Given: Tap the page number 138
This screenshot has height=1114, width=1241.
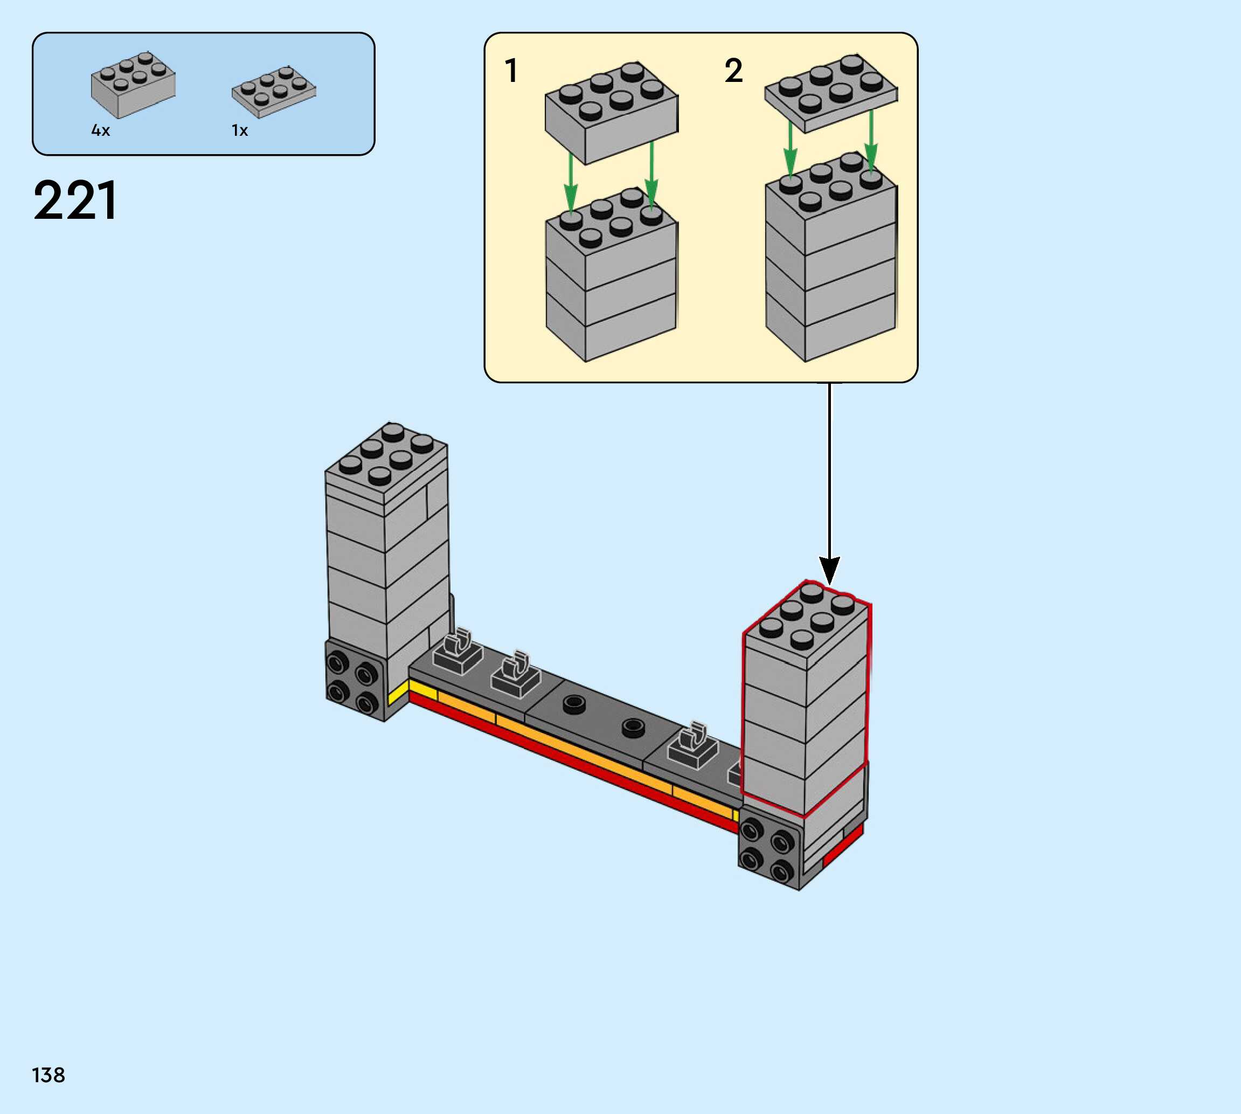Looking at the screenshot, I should [48, 1075].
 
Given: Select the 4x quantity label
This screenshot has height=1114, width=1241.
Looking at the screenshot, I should [100, 130].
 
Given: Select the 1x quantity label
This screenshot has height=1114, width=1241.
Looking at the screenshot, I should [239, 130].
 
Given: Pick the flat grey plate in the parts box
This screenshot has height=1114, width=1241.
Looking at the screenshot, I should [274, 91].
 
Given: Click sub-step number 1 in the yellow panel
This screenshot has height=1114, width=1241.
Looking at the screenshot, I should [511, 71].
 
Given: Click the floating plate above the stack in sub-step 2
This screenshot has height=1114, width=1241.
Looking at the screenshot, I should [831, 94].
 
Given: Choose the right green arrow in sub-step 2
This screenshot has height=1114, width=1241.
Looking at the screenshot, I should [871, 141].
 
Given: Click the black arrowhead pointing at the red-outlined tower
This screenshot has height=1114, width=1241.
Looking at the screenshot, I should [829, 569].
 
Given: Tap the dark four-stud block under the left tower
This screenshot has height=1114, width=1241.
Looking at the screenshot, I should [353, 680].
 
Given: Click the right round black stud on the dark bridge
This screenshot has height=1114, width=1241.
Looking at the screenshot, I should [633, 728].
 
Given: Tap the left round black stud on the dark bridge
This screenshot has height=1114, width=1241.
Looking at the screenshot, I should [573, 704].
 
